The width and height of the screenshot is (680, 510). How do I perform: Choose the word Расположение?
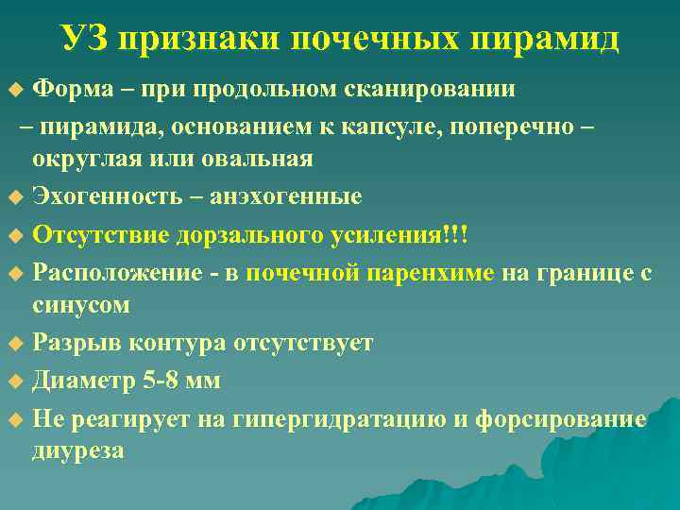pos(112,273)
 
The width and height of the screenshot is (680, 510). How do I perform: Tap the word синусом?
pos(82,306)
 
